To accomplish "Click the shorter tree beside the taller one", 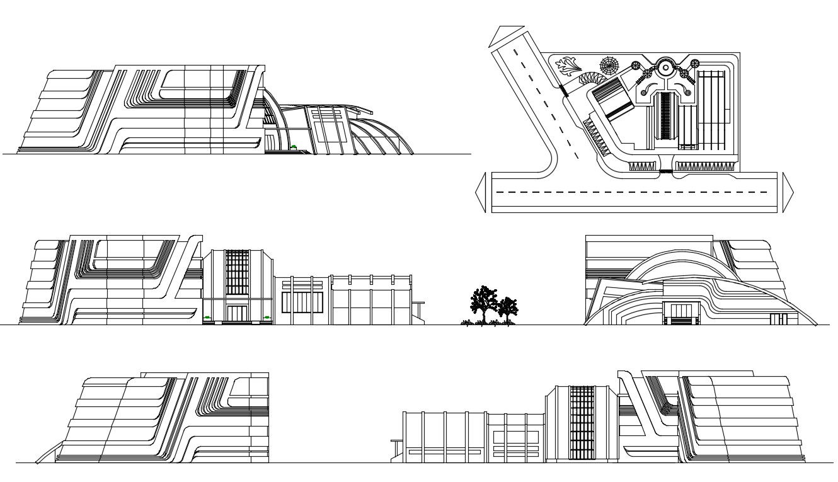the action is (x=507, y=309).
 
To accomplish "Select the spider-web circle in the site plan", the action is (x=609, y=65).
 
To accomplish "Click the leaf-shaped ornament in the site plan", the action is (x=569, y=66).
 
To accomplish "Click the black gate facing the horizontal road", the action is (x=666, y=171).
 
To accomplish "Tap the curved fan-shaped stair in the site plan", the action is (x=592, y=79).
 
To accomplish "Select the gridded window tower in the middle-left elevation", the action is (x=238, y=272).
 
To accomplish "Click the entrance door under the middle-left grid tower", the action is (x=238, y=314).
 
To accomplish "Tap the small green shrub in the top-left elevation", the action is (x=294, y=147).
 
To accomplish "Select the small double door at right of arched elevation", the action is (x=779, y=319).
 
